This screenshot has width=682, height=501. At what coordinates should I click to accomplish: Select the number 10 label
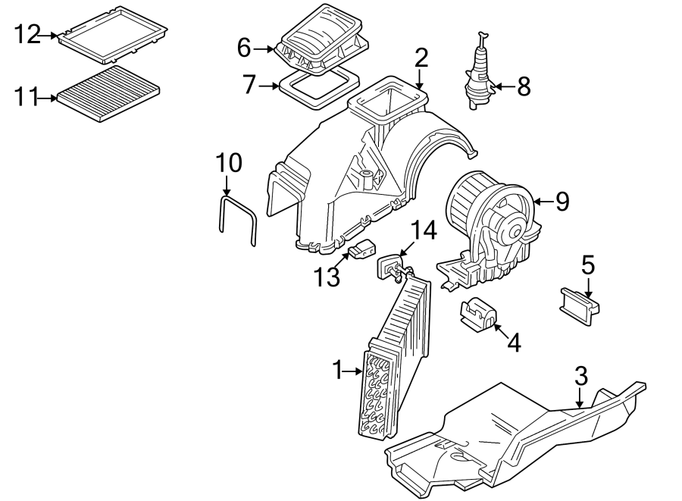(228, 162)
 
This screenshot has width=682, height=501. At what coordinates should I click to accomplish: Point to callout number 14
(424, 230)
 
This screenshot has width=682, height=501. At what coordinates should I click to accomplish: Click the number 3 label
(580, 375)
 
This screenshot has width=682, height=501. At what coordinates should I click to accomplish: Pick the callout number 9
(562, 201)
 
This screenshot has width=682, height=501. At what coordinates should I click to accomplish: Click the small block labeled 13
(364, 248)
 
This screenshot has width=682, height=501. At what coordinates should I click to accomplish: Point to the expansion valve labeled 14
(393, 268)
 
